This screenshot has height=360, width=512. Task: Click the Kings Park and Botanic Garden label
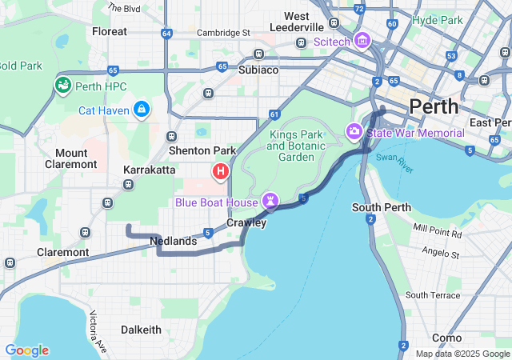tap(297, 146)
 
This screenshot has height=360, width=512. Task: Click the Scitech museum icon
tap(362, 39)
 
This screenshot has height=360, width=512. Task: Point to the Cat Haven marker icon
tap(142, 108)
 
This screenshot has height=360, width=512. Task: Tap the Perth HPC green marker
tap(62, 85)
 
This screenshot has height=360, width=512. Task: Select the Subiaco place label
tap(258, 70)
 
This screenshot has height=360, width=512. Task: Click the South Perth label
tap(382, 207)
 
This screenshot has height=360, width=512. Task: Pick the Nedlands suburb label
tap(173, 241)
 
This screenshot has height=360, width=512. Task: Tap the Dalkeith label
tap(141, 330)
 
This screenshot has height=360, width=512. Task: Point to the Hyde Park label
tap(438, 20)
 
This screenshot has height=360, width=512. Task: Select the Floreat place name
tap(110, 31)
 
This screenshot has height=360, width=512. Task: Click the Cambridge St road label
tap(225, 33)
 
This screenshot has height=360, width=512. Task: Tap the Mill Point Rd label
tap(438, 232)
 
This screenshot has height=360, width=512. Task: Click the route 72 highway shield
tap(360, 9)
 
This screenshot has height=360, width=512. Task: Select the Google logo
tap(26, 350)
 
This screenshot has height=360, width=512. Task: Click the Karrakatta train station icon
tap(129, 185)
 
